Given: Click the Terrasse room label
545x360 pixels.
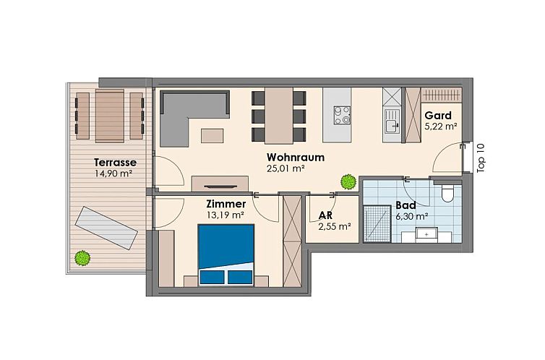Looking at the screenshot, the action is (x=115, y=162).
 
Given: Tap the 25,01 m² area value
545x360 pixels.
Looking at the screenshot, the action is (x=286, y=168).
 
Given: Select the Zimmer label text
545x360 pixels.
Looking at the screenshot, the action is (x=226, y=204).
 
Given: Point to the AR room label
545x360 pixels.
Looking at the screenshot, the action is (x=325, y=215).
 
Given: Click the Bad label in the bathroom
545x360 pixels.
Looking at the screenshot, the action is (x=405, y=205).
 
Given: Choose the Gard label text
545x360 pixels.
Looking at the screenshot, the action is (x=438, y=116).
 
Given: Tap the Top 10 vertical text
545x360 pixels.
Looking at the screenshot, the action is (x=481, y=158).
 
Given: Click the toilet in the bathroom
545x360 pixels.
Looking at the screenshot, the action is (x=447, y=192).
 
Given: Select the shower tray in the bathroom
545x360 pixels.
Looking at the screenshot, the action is (x=377, y=224).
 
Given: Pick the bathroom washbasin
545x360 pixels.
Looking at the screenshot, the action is (x=426, y=234).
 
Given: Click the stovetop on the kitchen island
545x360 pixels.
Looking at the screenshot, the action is (x=342, y=115).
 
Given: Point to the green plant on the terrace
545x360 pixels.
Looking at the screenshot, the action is (x=82, y=258).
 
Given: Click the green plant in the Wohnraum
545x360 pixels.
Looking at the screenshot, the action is (x=348, y=181).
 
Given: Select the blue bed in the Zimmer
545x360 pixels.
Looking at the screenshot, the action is (x=226, y=254).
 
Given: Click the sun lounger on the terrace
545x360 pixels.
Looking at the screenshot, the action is (x=107, y=228).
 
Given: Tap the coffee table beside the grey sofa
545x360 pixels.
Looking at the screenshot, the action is (x=213, y=135).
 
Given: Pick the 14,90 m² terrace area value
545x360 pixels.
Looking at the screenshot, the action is (x=113, y=173).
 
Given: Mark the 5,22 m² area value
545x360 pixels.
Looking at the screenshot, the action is (x=441, y=127).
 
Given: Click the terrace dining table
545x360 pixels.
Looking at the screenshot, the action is (x=110, y=116).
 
